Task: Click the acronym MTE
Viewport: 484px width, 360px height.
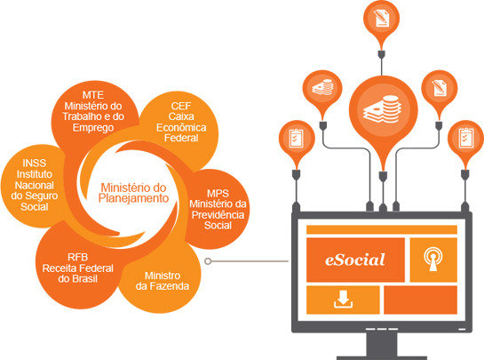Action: (93, 95)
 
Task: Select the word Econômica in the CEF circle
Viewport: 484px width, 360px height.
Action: (181, 127)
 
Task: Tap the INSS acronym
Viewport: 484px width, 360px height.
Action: (35, 163)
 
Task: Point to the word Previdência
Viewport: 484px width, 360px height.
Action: (218, 215)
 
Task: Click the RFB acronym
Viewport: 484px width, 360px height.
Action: (78, 257)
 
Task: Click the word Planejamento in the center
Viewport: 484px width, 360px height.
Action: (133, 198)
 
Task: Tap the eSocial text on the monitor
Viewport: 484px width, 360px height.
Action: (355, 260)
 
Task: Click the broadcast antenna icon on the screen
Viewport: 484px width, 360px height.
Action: (433, 260)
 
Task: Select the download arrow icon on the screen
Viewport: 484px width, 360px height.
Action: (343, 300)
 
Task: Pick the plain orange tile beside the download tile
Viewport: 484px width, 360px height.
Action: (420, 300)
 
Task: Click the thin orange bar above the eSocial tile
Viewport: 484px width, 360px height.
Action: (382, 229)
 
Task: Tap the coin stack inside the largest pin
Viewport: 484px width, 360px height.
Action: (383, 109)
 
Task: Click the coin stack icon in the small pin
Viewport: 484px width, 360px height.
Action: (322, 87)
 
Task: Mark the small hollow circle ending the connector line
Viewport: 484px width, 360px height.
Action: (208, 261)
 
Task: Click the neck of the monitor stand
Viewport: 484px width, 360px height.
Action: (382, 345)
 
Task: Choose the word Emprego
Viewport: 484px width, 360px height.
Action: (93, 128)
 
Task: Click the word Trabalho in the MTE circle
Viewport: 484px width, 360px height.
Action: (83, 116)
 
